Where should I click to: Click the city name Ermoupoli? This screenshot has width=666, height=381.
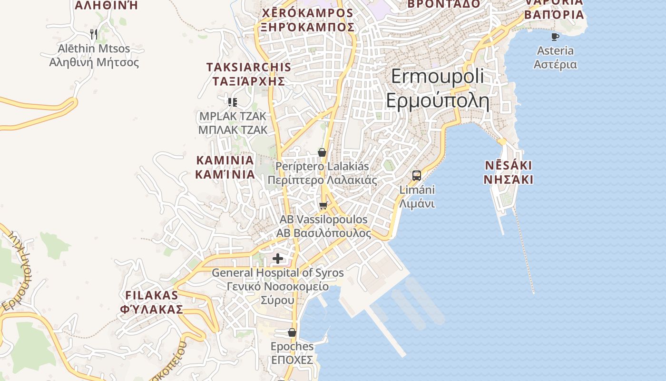(437, 77)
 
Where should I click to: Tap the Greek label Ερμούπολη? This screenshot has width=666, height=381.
(437, 100)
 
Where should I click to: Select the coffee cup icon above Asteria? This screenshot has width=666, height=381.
(555, 37)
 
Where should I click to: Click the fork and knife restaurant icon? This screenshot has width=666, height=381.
(94, 34)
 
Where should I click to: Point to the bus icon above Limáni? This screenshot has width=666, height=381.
(417, 175)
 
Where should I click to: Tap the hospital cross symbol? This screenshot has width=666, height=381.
(278, 259)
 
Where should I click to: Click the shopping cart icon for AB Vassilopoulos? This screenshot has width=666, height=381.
(323, 205)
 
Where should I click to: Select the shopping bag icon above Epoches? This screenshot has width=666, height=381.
(292, 332)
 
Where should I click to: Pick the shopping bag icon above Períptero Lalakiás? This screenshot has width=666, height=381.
(322, 152)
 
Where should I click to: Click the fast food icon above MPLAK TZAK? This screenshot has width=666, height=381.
(233, 102)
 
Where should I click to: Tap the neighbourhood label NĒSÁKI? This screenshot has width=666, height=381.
(508, 166)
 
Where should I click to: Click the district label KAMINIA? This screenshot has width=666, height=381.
(225, 160)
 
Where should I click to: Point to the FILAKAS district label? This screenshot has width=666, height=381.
(151, 295)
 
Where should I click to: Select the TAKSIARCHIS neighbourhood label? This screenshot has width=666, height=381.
(248, 67)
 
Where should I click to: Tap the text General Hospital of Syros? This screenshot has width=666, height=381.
(277, 273)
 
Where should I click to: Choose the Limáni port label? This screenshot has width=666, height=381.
(417, 190)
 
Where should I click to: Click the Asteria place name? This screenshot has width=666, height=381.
(555, 50)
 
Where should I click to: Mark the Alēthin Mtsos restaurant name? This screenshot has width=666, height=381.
(94, 49)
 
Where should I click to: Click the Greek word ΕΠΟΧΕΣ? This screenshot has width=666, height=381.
(292, 360)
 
